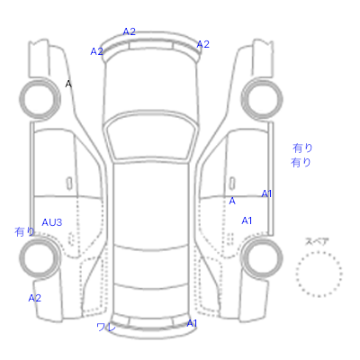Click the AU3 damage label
coord(52,222)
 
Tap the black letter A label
coord(68,84)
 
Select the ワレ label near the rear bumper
coord(106,327)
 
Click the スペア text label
coord(317,242)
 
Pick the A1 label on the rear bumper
coord(192,323)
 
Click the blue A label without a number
coord(232,201)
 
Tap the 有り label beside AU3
coord(24,231)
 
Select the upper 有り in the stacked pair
coord(302,148)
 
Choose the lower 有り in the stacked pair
coord(301,163)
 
